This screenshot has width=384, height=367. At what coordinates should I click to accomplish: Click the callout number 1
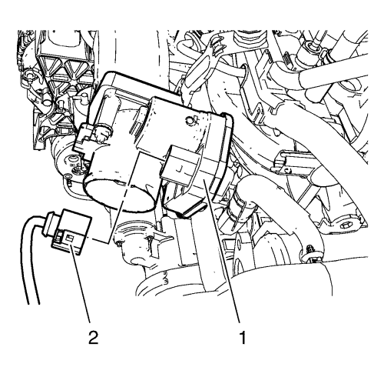(x=242, y=338)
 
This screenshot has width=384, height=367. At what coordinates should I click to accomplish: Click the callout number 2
(x=93, y=338)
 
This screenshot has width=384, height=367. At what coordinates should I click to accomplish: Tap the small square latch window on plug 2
(x=70, y=239)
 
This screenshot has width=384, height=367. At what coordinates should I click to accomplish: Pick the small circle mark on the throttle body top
(x=190, y=120)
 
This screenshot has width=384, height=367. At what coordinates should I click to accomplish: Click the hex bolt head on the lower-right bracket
(x=344, y=226)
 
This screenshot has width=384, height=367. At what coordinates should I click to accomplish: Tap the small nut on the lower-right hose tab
(x=310, y=249)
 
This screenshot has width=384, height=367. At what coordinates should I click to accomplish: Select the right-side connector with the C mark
(x=290, y=163)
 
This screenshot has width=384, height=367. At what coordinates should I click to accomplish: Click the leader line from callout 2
(x=81, y=284)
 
